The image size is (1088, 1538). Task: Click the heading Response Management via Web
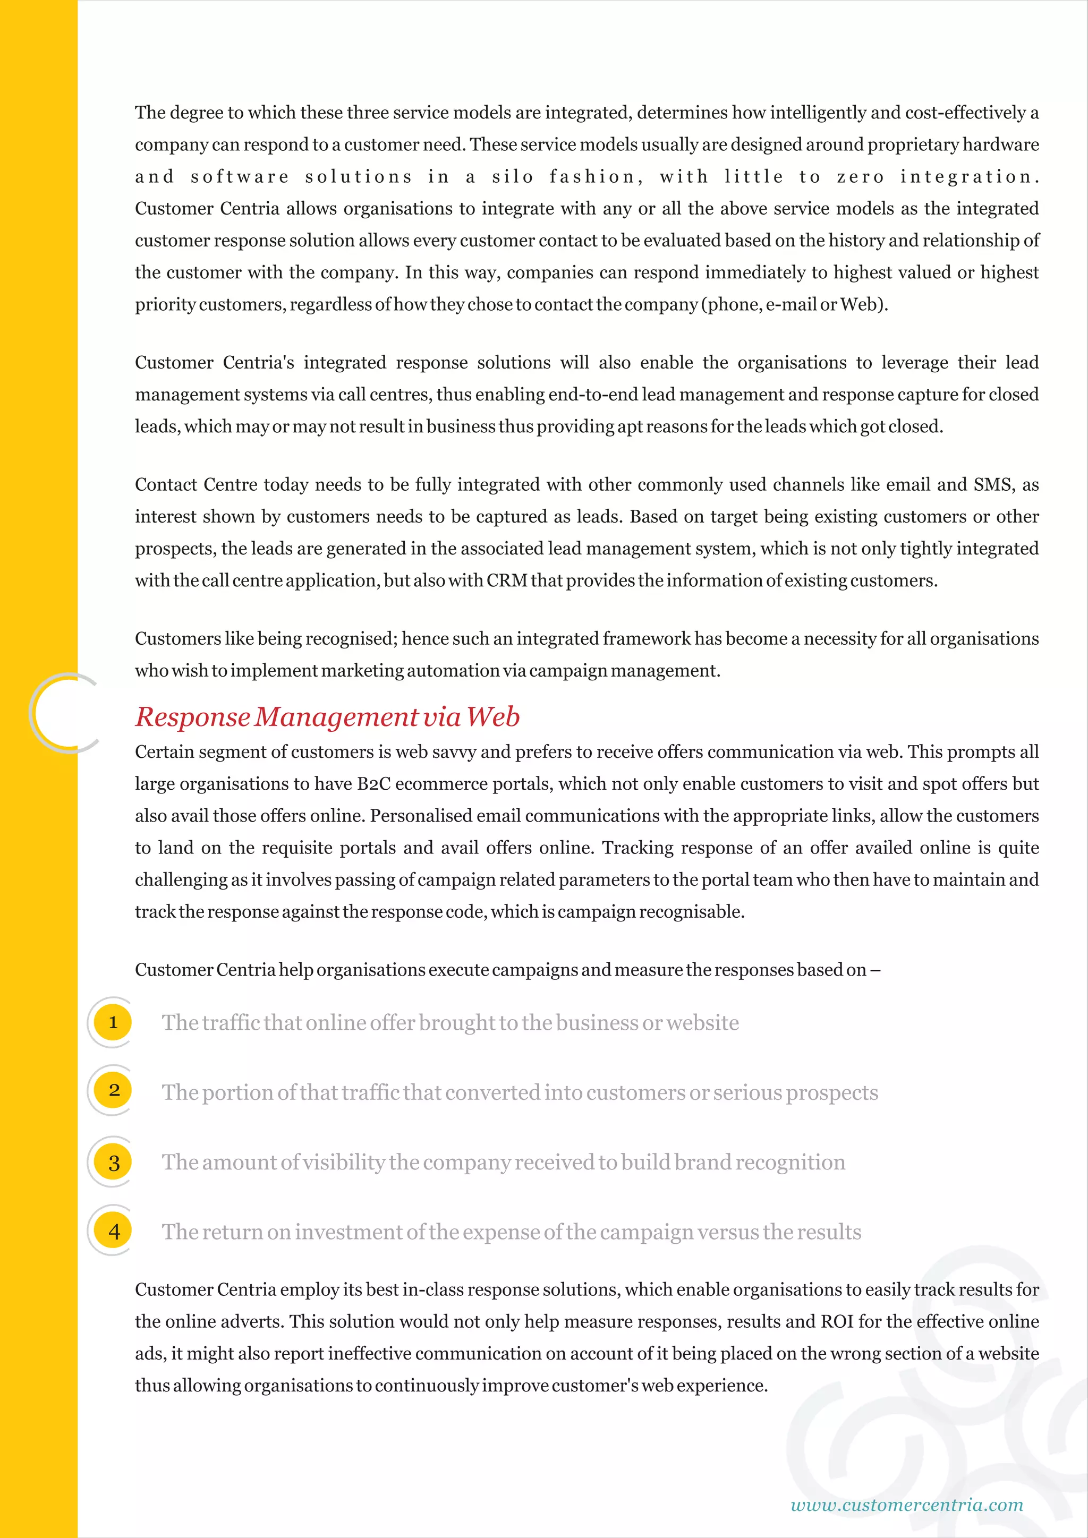[327, 717]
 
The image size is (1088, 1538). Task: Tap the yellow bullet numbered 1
[113, 1022]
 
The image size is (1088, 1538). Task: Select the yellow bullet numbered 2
[113, 1090]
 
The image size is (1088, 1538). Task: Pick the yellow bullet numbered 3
[113, 1162]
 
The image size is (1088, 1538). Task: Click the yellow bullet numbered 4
[113, 1231]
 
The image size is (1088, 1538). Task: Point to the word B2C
[373, 784]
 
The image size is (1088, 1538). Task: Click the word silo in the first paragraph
[513, 177]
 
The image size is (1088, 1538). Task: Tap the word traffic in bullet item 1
[231, 1023]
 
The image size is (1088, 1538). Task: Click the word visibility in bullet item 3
[344, 1162]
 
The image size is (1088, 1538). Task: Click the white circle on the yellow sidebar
[65, 713]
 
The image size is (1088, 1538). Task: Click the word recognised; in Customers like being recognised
[352, 639]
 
